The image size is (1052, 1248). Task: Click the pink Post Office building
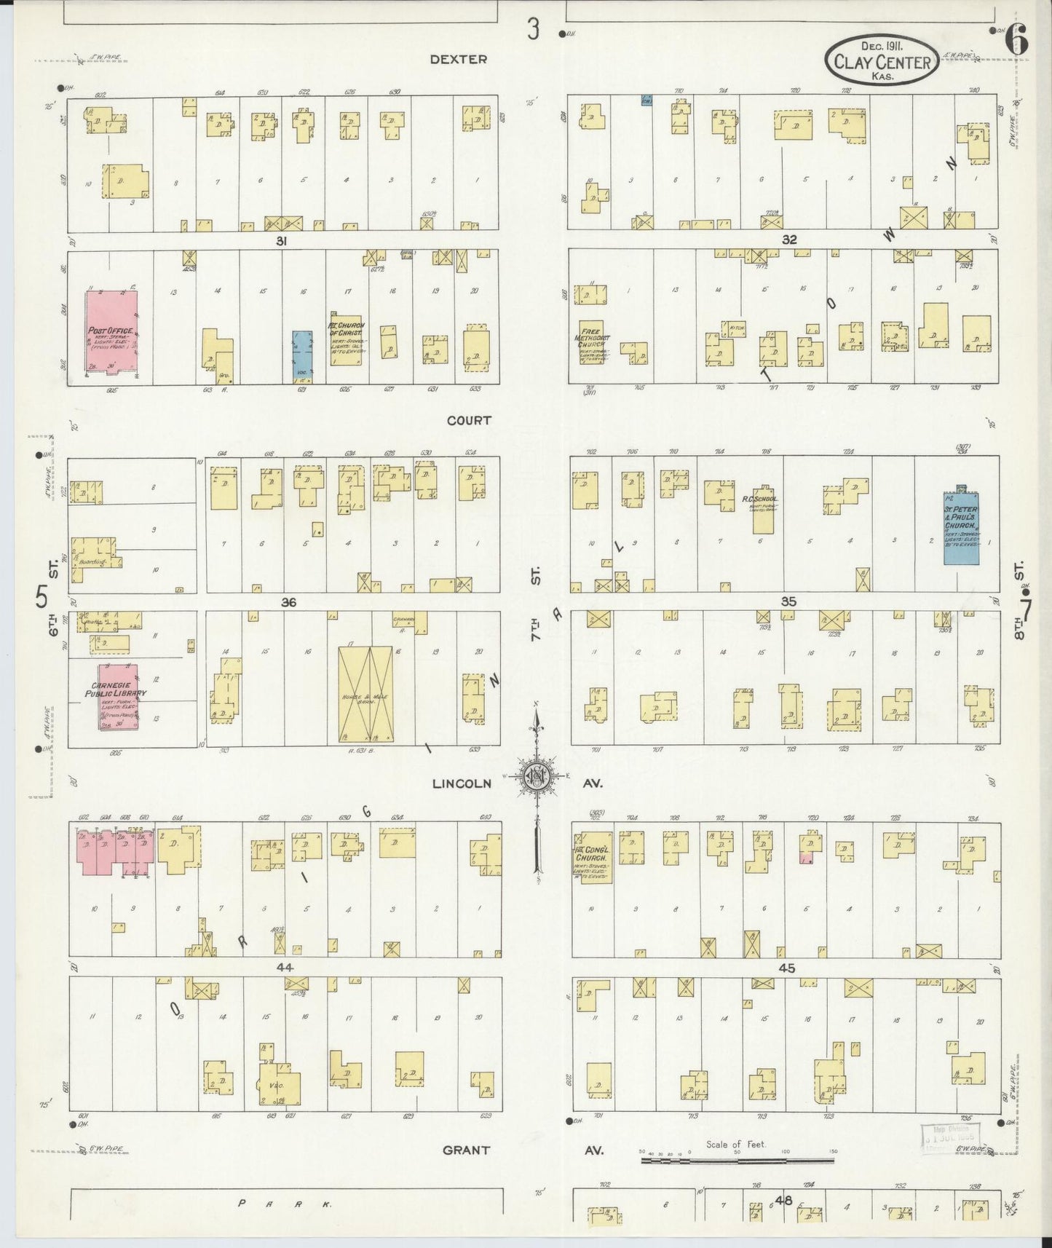[x=111, y=331]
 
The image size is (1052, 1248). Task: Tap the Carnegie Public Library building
[x=118, y=695]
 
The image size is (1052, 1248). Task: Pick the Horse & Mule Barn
[x=365, y=693]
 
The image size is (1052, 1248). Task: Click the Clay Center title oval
[x=882, y=61]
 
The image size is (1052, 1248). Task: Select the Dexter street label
[x=458, y=59]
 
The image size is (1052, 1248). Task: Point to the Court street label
[x=469, y=420]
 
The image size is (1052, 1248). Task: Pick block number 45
[x=786, y=968]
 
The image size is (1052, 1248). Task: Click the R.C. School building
[x=762, y=509]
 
